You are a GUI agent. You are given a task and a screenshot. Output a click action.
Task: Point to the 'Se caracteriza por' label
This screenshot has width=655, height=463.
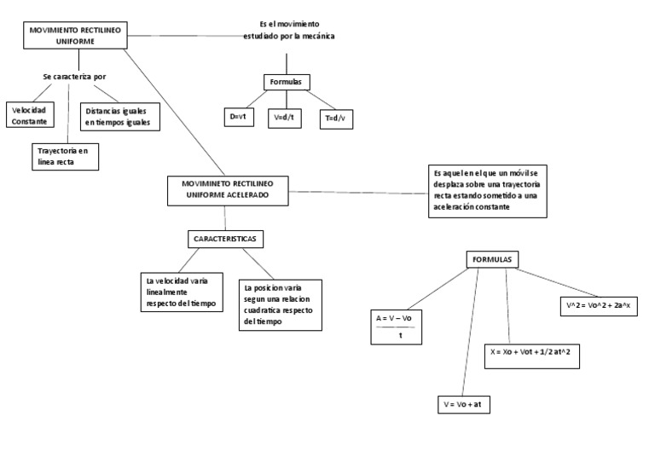(74, 77)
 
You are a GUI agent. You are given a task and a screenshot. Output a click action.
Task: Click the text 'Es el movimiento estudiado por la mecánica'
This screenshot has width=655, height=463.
(288, 31)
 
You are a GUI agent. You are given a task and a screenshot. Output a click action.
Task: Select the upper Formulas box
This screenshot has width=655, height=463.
(286, 82)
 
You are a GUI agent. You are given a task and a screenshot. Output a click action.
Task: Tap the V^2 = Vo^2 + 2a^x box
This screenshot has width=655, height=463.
(603, 304)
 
